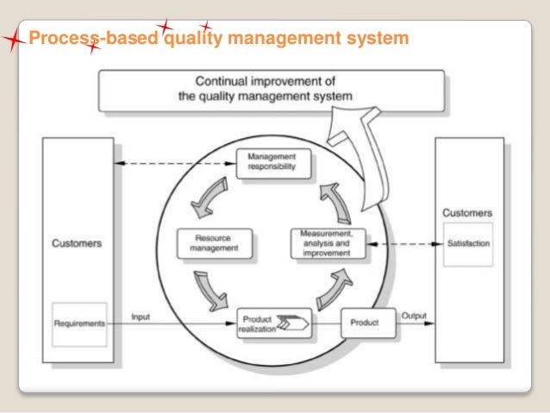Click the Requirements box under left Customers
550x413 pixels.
[80, 323]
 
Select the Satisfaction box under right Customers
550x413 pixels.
[468, 244]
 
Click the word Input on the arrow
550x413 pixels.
[141, 317]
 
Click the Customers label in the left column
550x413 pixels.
[76, 243]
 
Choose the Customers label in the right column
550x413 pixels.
[467, 212]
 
